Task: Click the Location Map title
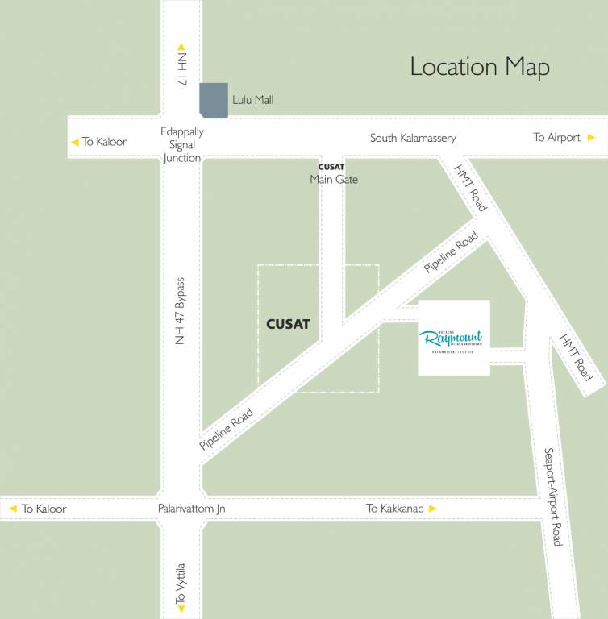tap(480, 67)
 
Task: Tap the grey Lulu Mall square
tap(214, 101)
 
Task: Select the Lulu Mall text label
tap(253, 100)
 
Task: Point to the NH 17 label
tap(182, 70)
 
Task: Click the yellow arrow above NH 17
tap(181, 47)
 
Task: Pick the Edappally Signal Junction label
tap(182, 145)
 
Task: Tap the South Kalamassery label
tap(413, 138)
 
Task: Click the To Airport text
tap(556, 137)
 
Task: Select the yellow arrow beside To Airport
tap(591, 137)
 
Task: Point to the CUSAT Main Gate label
tap(333, 174)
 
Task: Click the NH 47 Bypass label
tap(181, 312)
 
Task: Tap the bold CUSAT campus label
tap(288, 325)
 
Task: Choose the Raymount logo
tap(453, 338)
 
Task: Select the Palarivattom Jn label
tap(192, 509)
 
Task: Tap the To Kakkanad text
tap(395, 509)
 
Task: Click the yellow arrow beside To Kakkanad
tap(432, 509)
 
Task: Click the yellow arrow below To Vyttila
tap(181, 610)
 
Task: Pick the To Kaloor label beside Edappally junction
tap(104, 142)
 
